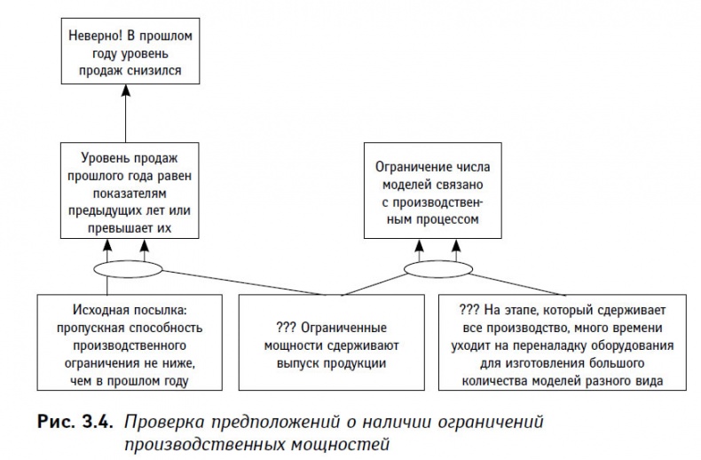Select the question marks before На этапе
(471, 312)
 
